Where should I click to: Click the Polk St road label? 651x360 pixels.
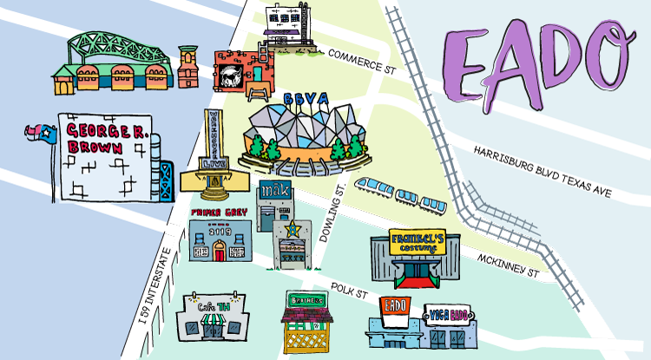[350, 291]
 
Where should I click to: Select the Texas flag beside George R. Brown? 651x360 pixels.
[43, 134]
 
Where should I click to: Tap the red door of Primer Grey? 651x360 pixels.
[220, 252]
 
